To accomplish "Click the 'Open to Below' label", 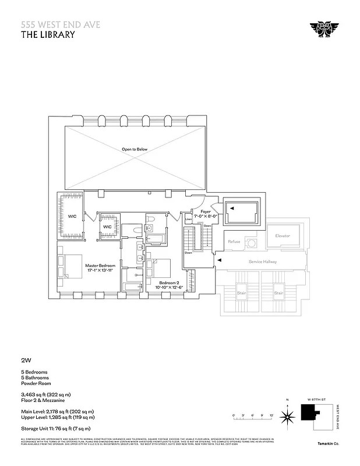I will pyautogui.click(x=135, y=149).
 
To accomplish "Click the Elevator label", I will pyautogui.click(x=282, y=236).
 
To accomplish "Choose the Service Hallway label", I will pyautogui.click(x=262, y=262).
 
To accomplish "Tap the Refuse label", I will pyautogui.click(x=234, y=241).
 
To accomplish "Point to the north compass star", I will pyautogui.click(x=287, y=416).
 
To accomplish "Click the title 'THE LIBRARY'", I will pyautogui.click(x=48, y=34).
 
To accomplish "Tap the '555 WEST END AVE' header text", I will pyautogui.click(x=51, y=24).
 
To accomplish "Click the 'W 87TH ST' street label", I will pyautogui.click(x=315, y=399).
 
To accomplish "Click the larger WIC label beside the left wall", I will pyautogui.click(x=72, y=216).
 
